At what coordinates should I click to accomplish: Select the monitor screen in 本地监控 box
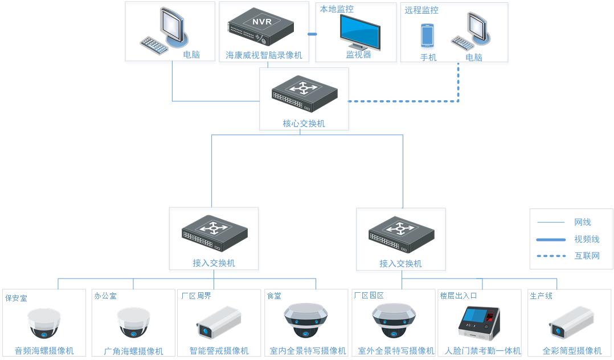tap(360, 31)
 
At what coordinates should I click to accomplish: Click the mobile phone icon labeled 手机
tap(428, 35)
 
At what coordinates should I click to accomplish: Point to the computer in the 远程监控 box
tap(470, 32)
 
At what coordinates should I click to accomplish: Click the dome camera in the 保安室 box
tap(44, 324)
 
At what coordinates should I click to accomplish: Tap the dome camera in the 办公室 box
tap(134, 323)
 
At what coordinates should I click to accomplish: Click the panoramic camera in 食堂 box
tap(306, 321)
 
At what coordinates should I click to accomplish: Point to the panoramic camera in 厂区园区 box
tap(394, 321)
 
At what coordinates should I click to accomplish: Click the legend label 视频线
tap(587, 239)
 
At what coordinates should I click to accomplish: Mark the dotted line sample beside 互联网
tap(551, 256)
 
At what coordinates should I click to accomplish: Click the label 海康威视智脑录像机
tap(264, 56)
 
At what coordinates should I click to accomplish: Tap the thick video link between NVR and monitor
tap(312, 34)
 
